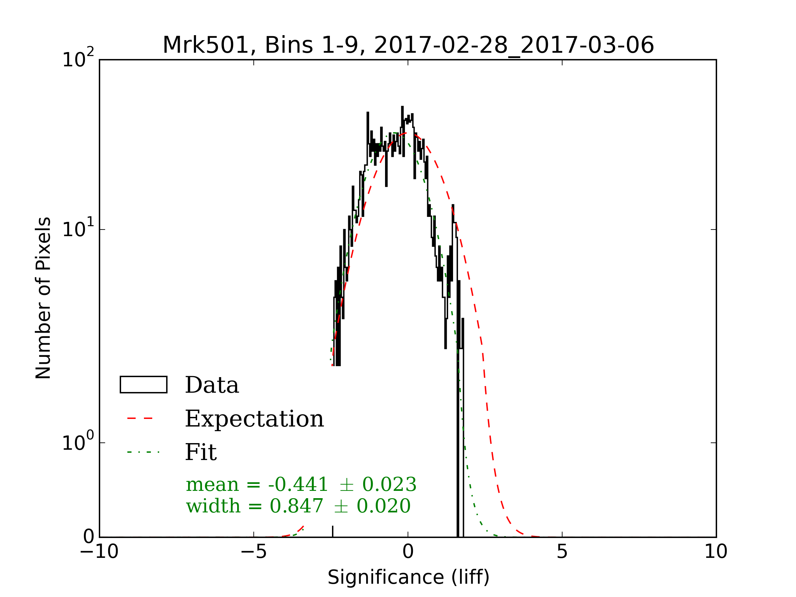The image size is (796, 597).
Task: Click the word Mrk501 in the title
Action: (x=206, y=45)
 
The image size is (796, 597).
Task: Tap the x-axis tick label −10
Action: (x=99, y=552)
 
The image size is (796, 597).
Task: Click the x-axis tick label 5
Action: (x=562, y=552)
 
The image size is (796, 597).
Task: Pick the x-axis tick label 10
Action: (x=716, y=552)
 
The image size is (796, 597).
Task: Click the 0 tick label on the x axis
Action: (x=408, y=552)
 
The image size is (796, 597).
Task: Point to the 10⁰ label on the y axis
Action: (x=78, y=442)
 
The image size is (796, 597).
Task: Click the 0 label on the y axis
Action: (x=89, y=537)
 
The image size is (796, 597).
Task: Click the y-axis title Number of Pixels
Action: (x=43, y=298)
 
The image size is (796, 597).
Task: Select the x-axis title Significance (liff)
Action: (x=408, y=577)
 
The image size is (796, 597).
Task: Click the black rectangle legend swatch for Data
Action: (x=143, y=385)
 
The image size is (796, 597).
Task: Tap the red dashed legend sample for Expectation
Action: (x=140, y=419)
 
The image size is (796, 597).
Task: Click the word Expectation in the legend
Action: (x=254, y=419)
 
